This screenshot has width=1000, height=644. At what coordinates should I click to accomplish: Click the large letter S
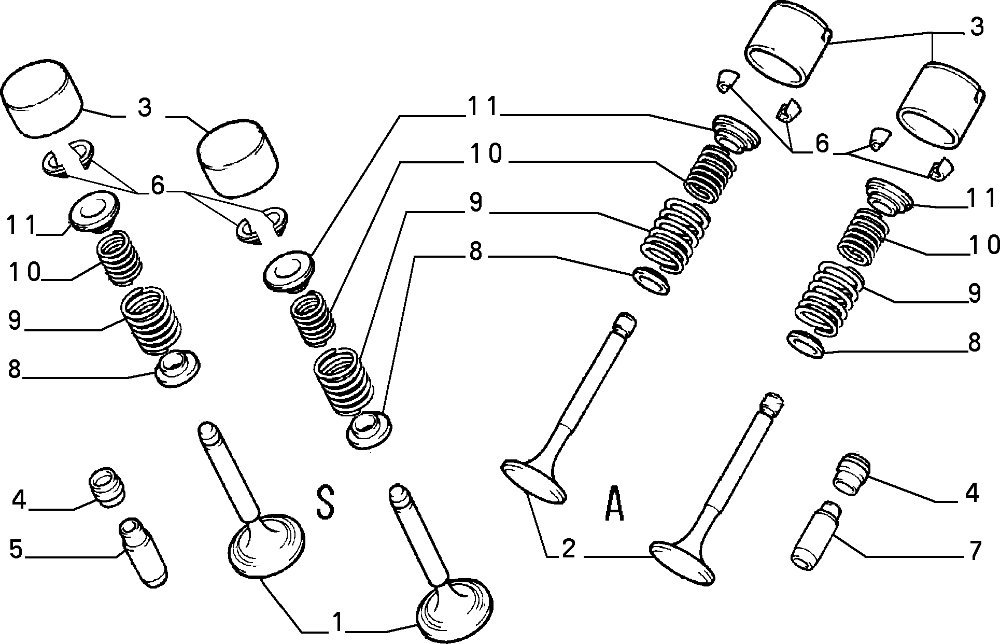325,502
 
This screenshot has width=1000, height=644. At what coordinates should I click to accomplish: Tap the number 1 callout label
337,622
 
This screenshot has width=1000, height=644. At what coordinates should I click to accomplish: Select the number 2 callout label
569,548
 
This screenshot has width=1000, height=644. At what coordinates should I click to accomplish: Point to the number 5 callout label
17,550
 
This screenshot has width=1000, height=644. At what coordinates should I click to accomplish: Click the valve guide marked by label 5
144,552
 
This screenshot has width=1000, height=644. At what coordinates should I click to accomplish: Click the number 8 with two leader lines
475,253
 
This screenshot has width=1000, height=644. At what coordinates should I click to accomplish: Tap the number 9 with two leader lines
475,203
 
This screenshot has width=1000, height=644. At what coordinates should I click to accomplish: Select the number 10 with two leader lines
486,154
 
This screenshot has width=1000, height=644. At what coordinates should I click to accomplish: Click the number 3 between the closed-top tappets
145,108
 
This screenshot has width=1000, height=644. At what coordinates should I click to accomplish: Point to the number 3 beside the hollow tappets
976,27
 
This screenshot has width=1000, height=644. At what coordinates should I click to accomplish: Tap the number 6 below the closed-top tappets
157,185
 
